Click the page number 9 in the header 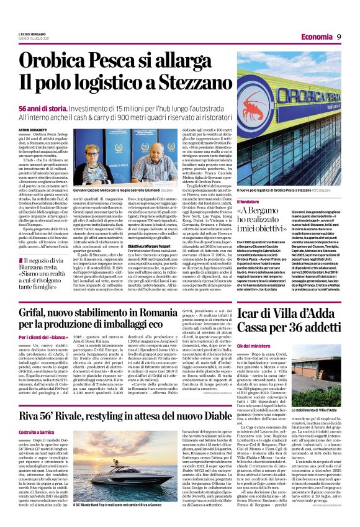click(339, 37)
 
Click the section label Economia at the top click(314, 37)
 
